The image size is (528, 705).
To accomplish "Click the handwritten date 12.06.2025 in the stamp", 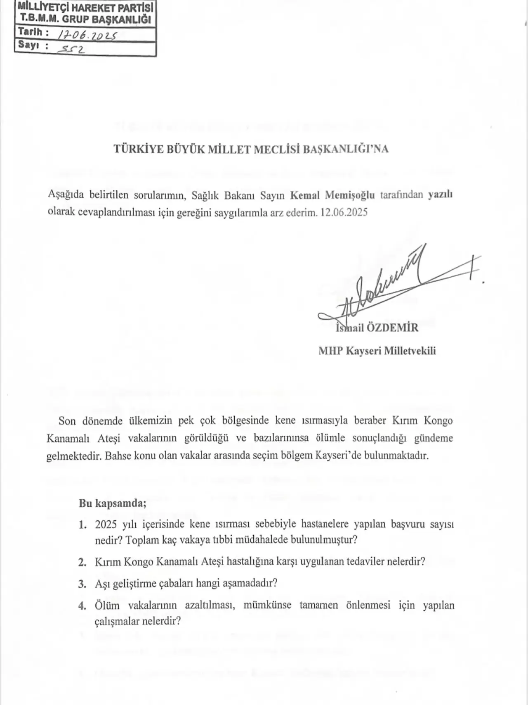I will pyautogui.click(x=87, y=35).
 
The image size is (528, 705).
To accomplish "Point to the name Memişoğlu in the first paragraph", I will pyautogui.click(x=350, y=195).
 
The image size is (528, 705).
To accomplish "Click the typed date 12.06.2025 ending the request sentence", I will pyautogui.click(x=344, y=213).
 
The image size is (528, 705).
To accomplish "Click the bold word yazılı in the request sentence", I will pyautogui.click(x=440, y=195).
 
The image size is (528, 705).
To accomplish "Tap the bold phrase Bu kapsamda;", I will pyautogui.click(x=113, y=503).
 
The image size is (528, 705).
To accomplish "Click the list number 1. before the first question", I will pyautogui.click(x=82, y=525).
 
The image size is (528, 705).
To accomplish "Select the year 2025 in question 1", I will pyautogui.click(x=106, y=525).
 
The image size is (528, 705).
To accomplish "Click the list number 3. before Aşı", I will pyautogui.click(x=82, y=584).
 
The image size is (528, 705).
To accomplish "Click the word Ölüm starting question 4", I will pyautogui.click(x=107, y=605).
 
